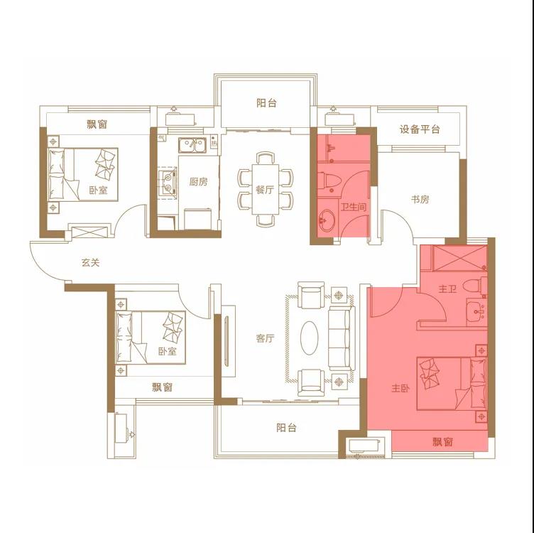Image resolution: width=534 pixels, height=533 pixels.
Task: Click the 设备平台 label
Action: pos(420,129)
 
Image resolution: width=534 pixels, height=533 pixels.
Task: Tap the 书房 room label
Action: pos(420,199)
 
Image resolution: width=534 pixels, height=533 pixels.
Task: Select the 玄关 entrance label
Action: pos(91,262)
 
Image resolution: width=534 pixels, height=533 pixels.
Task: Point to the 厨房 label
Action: pos(198,182)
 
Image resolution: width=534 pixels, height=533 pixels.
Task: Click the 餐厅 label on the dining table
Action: pos(265,190)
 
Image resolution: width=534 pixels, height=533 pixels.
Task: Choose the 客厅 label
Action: pos(265,338)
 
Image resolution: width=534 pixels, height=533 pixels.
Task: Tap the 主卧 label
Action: pos(400,388)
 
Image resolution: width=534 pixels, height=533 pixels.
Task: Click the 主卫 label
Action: pos(447,289)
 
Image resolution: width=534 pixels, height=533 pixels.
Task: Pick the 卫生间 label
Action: pos(354,207)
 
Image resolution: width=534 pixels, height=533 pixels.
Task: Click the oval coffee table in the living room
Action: pos(309,338)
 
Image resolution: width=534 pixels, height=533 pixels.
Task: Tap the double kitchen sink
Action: pos(192,145)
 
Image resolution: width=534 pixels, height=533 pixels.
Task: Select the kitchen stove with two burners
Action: pos(167,183)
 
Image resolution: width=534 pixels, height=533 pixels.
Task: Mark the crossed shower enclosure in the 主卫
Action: pos(459,258)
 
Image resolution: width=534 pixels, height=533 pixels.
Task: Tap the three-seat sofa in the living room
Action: pos(342,338)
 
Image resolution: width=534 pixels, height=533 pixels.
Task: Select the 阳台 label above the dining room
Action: pos(266,103)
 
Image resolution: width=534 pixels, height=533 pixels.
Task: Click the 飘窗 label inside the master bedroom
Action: pos(442,442)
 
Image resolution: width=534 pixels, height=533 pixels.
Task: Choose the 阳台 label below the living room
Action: pos(286,427)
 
